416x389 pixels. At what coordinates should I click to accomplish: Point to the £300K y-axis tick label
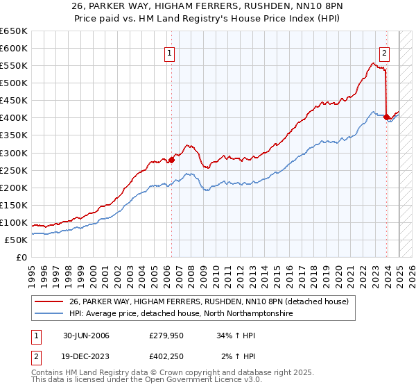[x=14, y=153]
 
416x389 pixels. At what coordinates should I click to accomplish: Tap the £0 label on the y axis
[x=21, y=257]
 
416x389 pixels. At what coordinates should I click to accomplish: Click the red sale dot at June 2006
[x=171, y=160]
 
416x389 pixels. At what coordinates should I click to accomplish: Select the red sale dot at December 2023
[x=386, y=117]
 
